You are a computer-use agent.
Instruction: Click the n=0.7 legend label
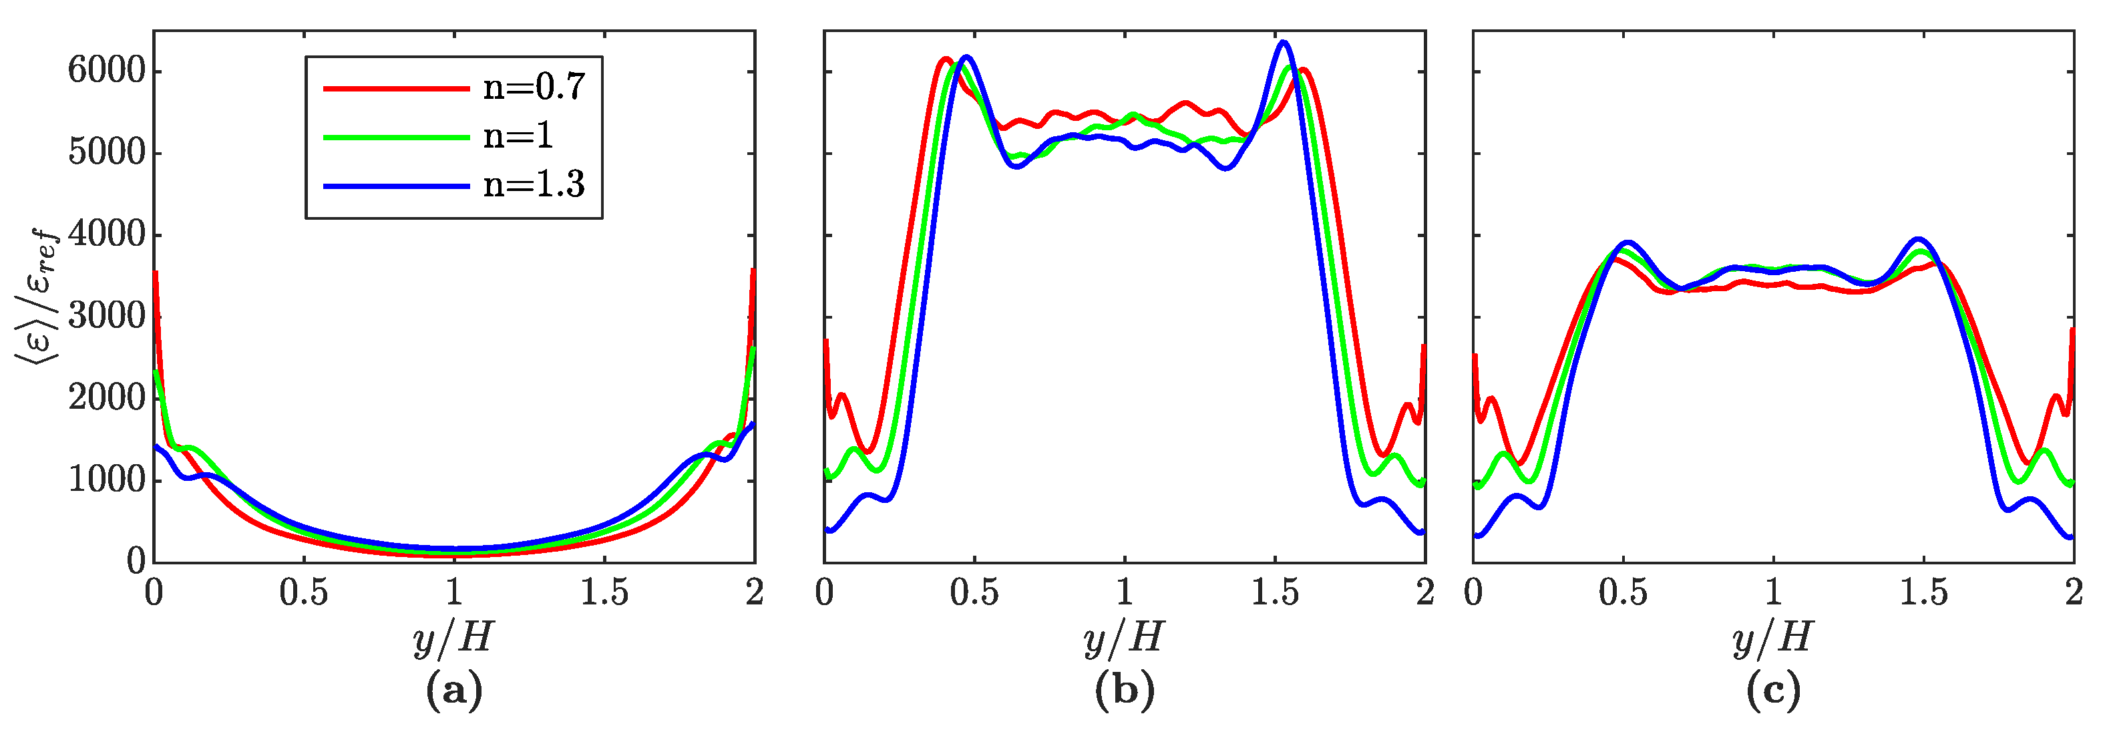coord(534,87)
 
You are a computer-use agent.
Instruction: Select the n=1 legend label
coord(518,136)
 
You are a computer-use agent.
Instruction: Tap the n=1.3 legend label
coord(534,185)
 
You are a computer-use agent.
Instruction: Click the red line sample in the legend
coord(396,87)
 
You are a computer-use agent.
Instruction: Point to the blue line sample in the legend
coord(396,186)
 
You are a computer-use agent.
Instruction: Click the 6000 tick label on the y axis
coord(106,71)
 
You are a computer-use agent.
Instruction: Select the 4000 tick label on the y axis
coord(106,234)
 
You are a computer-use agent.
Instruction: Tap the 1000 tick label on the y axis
coord(106,480)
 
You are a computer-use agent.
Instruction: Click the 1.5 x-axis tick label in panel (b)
coord(1274,593)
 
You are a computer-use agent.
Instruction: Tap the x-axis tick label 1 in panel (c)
coord(1773,593)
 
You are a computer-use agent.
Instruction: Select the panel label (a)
coord(454,692)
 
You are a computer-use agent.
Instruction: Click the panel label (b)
coord(1125,692)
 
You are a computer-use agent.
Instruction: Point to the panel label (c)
coord(1773,692)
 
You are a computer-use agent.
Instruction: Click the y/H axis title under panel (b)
coord(1125,638)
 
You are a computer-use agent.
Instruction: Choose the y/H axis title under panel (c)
coord(1773,638)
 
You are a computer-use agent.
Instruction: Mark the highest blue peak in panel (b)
coord(1282,43)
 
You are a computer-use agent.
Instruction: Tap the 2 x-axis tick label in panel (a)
coord(754,593)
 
